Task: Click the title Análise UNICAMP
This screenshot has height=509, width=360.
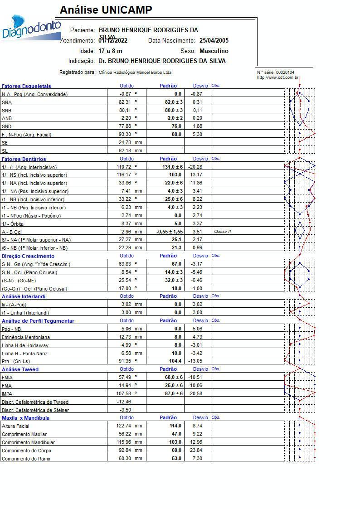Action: coord(106,10)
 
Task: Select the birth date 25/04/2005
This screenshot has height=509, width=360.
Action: coord(214,41)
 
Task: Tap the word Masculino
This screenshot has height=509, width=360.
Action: coord(214,51)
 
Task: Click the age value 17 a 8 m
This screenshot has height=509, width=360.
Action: coord(110,51)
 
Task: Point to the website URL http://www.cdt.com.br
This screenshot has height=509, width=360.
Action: coord(277,78)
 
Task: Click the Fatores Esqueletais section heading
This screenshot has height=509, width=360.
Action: coord(26,86)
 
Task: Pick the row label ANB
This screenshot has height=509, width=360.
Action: coord(7,118)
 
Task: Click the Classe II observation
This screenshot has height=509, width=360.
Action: coord(222,232)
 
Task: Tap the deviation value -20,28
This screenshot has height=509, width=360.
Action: coord(195,167)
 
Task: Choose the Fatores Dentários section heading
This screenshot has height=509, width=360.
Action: coord(24,159)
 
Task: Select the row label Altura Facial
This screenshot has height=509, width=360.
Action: coord(15,427)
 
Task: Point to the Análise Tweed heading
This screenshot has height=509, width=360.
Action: coord(20,369)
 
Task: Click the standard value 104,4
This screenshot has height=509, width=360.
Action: coord(175,361)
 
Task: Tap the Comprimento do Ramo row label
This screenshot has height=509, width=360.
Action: coord(26,459)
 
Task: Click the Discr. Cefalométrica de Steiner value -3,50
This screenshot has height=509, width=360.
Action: coord(124,410)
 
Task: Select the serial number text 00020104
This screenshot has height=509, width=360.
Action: coord(285,73)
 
